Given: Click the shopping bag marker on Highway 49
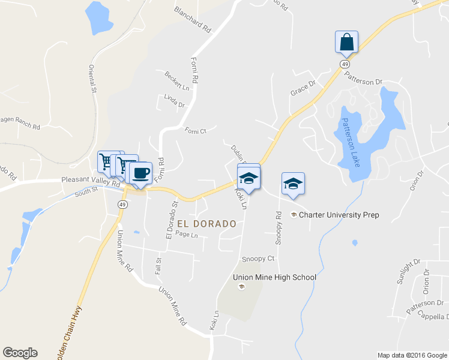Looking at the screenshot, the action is [x=346, y=43].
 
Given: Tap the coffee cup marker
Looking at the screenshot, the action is [x=140, y=173].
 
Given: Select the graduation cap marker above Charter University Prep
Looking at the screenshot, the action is [x=293, y=183].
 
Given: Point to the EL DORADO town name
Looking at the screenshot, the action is [x=206, y=223].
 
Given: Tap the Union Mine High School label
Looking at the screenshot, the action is [x=274, y=277].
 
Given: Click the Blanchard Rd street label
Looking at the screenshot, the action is [x=193, y=20].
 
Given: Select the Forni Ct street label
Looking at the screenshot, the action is [x=195, y=131].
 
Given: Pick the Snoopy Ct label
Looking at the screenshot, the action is [x=258, y=259].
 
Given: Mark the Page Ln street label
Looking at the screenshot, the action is [x=187, y=235].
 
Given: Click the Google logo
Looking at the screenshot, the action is [x=20, y=353].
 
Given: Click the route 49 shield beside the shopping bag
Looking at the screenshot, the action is [x=344, y=64].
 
